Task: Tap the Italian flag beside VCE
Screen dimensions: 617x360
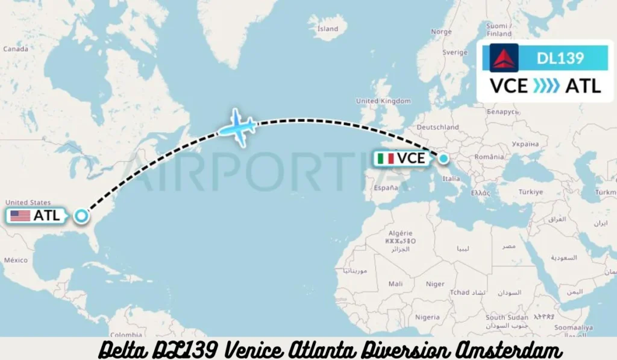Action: pyautogui.click(x=386, y=159)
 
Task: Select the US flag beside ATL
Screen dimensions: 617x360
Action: pyautogui.click(x=20, y=215)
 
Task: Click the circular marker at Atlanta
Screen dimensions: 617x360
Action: pyautogui.click(x=81, y=215)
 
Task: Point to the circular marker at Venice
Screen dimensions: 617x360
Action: pyautogui.click(x=443, y=159)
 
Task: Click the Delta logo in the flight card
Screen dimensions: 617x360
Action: pyautogui.click(x=504, y=58)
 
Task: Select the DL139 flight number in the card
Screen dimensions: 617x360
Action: pyautogui.click(x=560, y=58)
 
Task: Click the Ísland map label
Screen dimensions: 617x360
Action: pyautogui.click(x=328, y=28)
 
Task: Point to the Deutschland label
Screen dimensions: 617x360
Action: pyautogui.click(x=438, y=127)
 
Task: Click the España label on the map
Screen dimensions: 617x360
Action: pyautogui.click(x=386, y=188)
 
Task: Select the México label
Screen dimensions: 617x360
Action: pyautogui.click(x=16, y=260)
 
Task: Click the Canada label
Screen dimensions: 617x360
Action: pyautogui.click(x=16, y=49)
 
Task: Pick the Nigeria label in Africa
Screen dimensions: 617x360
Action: pyautogui.click(x=427, y=317)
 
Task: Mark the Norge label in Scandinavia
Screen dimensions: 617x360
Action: pyautogui.click(x=442, y=32)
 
